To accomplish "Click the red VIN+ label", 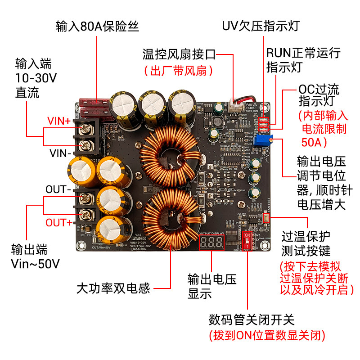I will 59,121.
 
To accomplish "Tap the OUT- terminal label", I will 58,189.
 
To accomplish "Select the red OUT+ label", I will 58,222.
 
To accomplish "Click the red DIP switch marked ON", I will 247,241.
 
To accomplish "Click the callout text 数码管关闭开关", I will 251,320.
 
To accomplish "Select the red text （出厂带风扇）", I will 178,71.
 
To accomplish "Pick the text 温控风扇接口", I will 179,55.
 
